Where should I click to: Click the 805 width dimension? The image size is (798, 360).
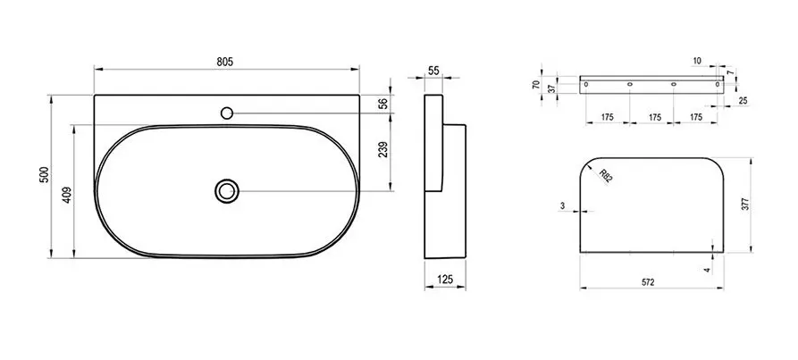pyautogui.click(x=225, y=62)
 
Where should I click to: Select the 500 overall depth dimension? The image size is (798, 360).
pyautogui.click(x=45, y=174)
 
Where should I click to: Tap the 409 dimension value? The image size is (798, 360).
pyautogui.click(x=67, y=196)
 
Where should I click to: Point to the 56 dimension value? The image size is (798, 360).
pyautogui.click(x=383, y=104)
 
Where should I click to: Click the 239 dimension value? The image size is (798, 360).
pyautogui.click(x=383, y=149)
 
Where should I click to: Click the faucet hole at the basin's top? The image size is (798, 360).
pyautogui.click(x=227, y=113)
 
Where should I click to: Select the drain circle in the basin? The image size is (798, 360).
pyautogui.click(x=227, y=191)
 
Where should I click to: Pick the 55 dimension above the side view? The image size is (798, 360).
pyautogui.click(x=433, y=71)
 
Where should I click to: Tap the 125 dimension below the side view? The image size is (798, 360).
pyautogui.click(x=444, y=279)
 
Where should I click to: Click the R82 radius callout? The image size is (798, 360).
pyautogui.click(x=605, y=176)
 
